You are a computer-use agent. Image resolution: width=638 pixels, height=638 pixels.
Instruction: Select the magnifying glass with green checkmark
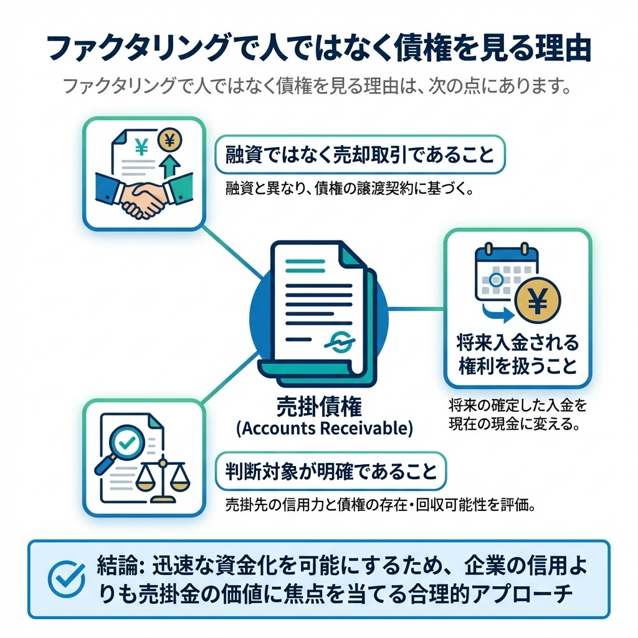[128, 444]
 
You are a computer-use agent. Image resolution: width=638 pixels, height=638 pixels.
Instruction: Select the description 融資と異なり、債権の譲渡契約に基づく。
[348, 188]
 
